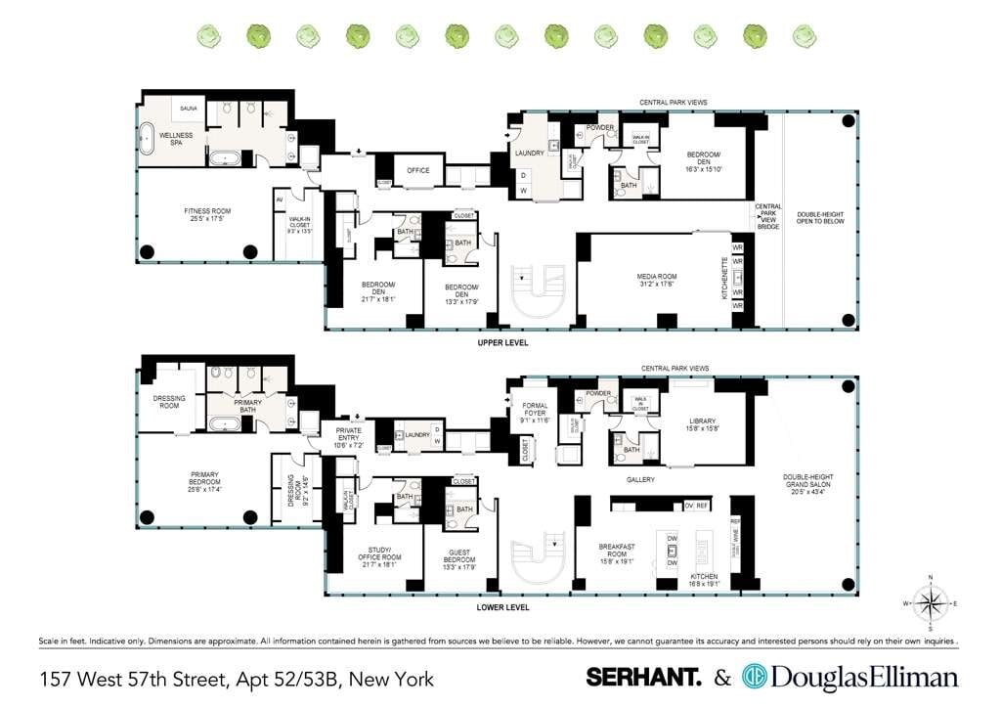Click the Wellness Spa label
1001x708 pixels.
(176, 139)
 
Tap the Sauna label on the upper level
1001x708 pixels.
(188, 109)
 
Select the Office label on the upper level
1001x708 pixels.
(418, 171)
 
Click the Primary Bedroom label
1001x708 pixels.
(205, 480)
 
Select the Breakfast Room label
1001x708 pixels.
(618, 550)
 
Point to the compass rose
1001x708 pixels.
(932, 602)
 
